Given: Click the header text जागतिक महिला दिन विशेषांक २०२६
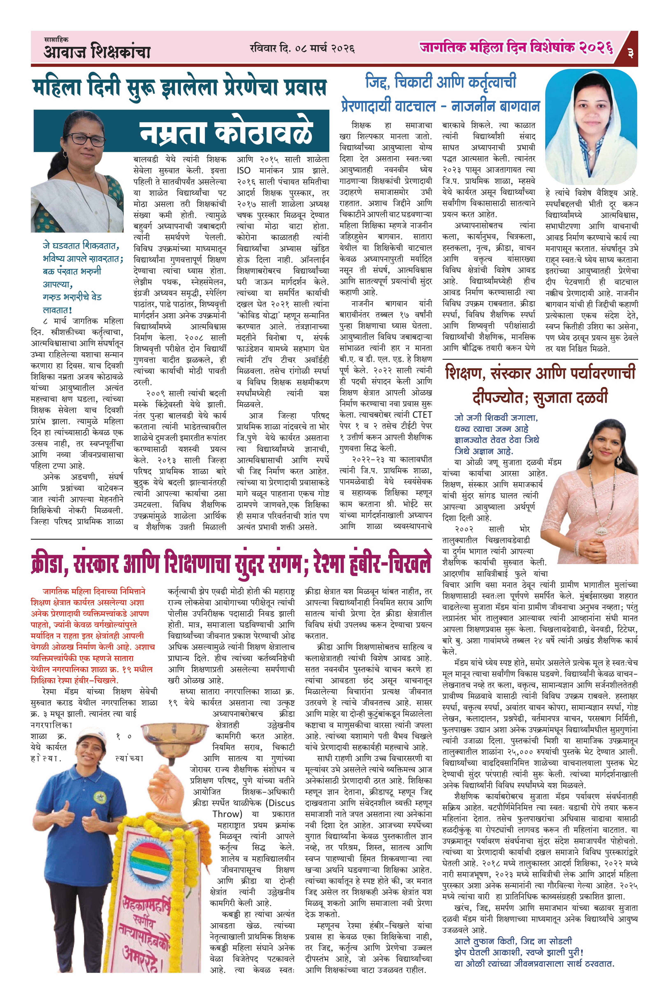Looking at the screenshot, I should pos(516,48).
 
